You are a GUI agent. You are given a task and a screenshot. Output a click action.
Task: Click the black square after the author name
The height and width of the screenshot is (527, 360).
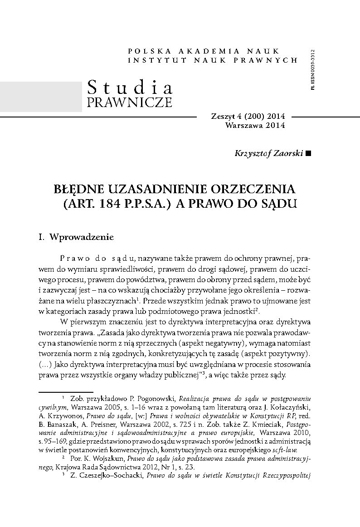tap(309, 154)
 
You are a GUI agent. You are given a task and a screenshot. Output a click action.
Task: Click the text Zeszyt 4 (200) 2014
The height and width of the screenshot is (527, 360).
tap(248, 117)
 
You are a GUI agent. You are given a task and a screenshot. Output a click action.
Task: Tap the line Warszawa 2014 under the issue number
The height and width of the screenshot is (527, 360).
tap(255, 126)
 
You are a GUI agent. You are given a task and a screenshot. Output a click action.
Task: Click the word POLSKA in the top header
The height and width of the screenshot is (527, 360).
tap(149, 51)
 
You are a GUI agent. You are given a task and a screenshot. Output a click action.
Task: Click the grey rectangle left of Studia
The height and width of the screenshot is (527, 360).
tap(41, 96)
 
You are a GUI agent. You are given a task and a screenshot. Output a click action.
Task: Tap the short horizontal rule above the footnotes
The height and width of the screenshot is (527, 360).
tap(66, 390)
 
